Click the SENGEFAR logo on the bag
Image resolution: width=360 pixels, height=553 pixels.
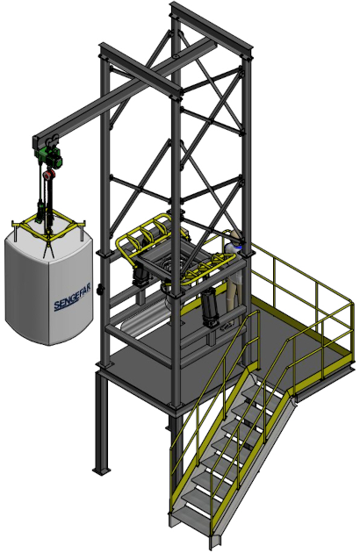(x=72, y=299)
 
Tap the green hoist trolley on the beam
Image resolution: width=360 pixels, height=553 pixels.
(x=50, y=157)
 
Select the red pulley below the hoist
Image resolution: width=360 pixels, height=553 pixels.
(x=49, y=174)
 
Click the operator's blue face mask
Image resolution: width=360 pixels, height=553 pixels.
(x=239, y=246)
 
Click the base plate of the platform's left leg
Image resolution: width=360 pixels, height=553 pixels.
(x=101, y=470)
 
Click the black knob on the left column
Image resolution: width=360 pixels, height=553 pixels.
(x=101, y=290)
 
